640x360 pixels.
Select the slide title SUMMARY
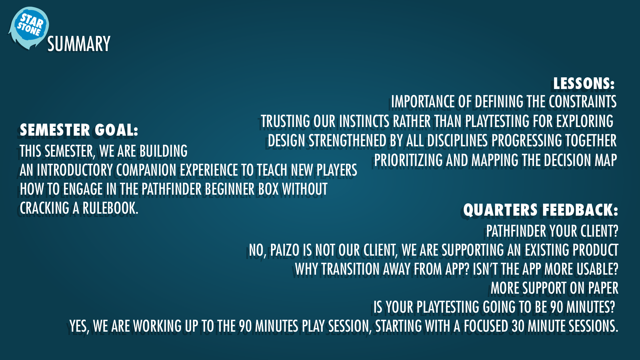(x=79, y=44)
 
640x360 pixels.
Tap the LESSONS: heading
(x=584, y=83)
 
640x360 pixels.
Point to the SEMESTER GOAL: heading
(x=79, y=130)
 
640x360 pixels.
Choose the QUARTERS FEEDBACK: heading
(x=541, y=210)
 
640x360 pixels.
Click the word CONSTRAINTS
(x=583, y=102)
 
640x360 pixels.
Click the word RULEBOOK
(x=110, y=208)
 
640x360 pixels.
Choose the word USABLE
(x=598, y=269)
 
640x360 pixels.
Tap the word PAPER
(x=603, y=288)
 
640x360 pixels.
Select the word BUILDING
(x=163, y=151)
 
